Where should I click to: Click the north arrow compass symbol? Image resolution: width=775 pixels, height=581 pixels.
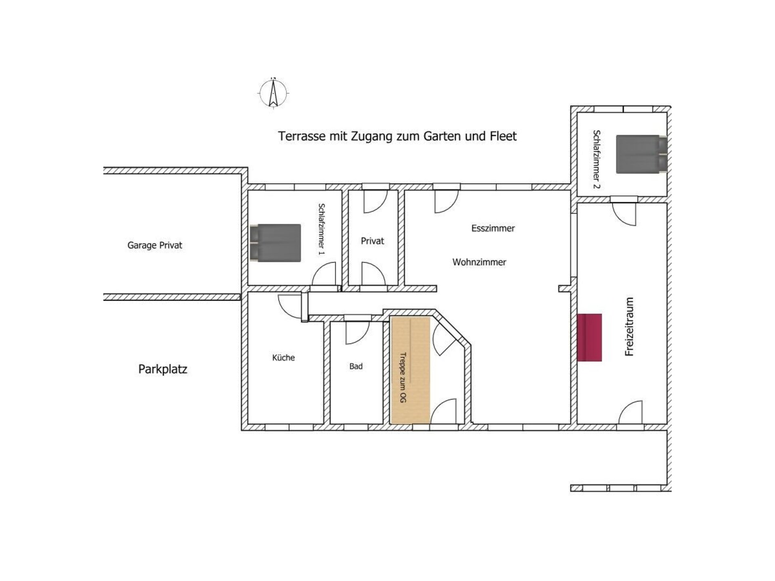pos(273,93)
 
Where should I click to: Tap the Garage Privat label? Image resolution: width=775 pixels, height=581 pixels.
pos(155,245)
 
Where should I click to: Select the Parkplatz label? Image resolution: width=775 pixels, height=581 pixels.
pos(163,369)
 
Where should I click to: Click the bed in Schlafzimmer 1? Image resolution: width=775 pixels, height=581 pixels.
pos(275,243)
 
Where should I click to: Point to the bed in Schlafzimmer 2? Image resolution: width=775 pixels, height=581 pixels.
pos(641,154)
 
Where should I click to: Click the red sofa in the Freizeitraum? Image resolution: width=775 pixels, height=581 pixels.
pos(590,337)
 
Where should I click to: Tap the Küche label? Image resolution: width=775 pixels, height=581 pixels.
pos(283,357)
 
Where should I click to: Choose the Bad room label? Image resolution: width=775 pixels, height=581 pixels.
pos(356,366)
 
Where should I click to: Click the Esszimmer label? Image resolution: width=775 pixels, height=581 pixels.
pos(493,228)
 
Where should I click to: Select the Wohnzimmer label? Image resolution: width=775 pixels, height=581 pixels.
pos(479,262)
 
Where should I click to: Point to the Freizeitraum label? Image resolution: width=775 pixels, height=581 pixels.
pos(629,326)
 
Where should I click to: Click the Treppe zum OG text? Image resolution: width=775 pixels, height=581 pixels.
pos(402,377)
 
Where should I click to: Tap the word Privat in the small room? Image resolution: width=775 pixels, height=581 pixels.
pos(372,241)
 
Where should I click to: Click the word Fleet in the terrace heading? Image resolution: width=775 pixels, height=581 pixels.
pos(503,136)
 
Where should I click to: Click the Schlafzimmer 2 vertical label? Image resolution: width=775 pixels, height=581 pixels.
pos(597,159)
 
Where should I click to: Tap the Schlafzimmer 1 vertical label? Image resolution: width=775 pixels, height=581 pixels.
pos(322,229)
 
